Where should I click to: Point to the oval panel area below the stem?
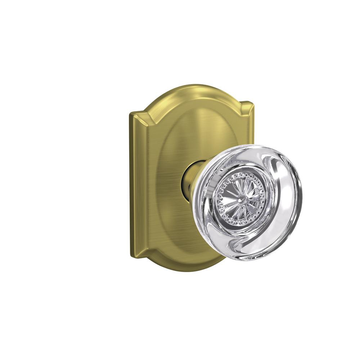coord(184,230)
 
